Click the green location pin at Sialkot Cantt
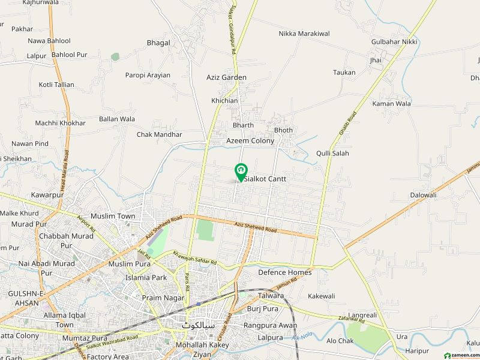click(x=240, y=172)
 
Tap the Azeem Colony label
click(x=250, y=141)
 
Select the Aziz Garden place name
click(x=226, y=77)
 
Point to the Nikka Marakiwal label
click(x=304, y=34)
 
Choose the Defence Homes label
click(x=285, y=272)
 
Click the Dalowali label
click(x=424, y=195)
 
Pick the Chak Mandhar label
click(x=159, y=135)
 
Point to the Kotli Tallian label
click(x=56, y=85)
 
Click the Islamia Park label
click(x=146, y=278)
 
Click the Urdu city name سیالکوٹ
click(x=199, y=325)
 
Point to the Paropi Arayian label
click(x=148, y=76)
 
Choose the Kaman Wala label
click(x=392, y=104)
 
